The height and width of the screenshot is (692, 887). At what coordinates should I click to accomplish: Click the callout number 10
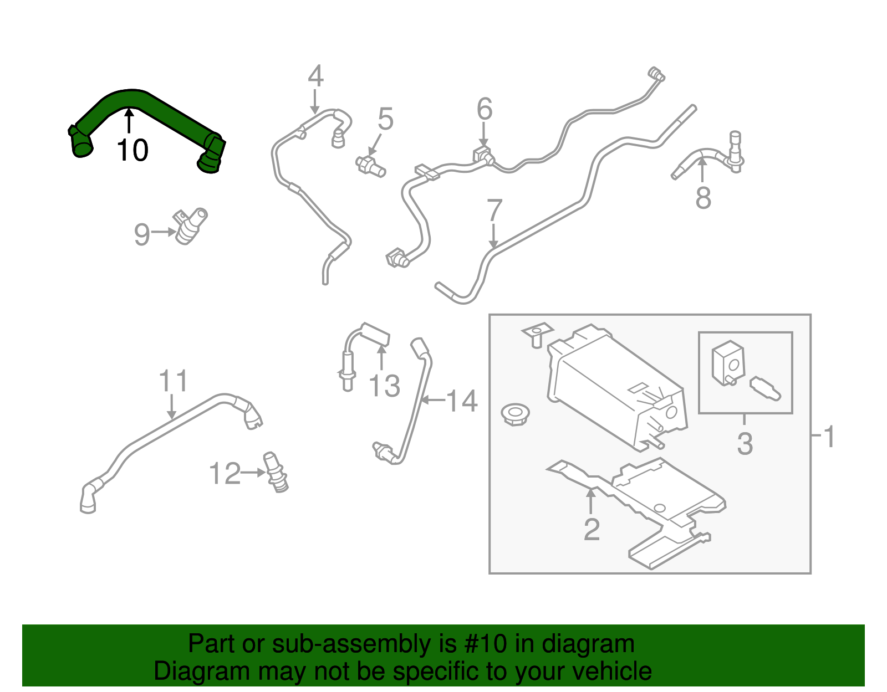click(132, 150)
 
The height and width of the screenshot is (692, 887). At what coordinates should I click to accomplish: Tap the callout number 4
click(315, 76)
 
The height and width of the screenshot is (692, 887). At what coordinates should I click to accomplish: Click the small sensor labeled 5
click(370, 165)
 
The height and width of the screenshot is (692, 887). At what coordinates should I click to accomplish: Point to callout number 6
click(485, 109)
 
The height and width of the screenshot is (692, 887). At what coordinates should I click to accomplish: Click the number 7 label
click(494, 211)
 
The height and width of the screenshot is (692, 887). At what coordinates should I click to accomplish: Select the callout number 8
click(703, 198)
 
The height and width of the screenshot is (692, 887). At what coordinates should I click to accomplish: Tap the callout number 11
click(174, 381)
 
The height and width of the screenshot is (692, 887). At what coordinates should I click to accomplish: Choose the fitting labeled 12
click(276, 472)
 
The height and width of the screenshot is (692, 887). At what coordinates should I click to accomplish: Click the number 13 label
click(384, 386)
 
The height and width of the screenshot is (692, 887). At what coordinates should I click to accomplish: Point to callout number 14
click(462, 401)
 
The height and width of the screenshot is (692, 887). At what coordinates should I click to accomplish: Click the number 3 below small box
click(745, 444)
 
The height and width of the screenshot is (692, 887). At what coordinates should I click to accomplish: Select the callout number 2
click(592, 530)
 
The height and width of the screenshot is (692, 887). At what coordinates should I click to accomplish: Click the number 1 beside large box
click(829, 437)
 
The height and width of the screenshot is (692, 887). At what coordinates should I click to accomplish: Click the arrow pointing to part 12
click(253, 473)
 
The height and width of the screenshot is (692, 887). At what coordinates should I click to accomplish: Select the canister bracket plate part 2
click(654, 499)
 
